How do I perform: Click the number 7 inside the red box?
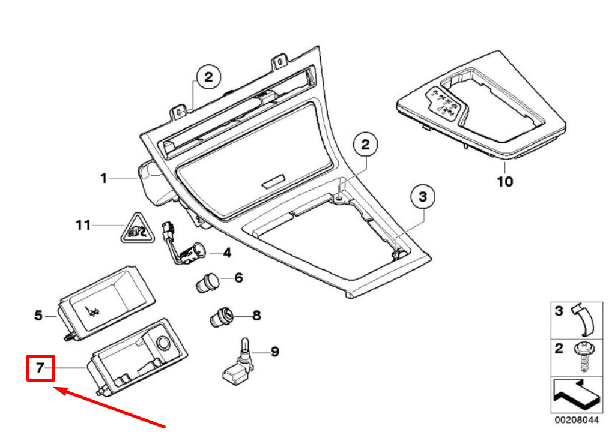(40, 368)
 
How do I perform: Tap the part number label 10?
(505, 181)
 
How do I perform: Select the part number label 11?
(83, 225)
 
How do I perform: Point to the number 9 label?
(274, 352)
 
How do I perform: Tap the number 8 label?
(256, 315)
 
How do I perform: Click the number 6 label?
(238, 278)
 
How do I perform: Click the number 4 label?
(226, 253)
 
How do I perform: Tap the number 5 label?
(38, 315)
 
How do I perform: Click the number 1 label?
(103, 178)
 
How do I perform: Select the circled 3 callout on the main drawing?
(422, 196)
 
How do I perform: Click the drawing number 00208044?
(576, 420)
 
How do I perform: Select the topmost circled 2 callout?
(208, 77)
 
